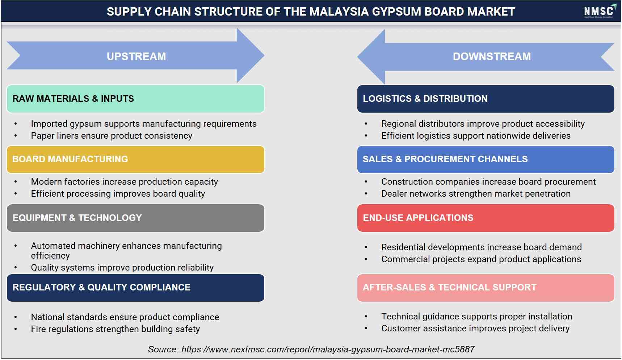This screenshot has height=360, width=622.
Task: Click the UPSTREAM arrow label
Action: tap(136, 56)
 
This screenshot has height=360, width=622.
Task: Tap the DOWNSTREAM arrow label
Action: tap(492, 56)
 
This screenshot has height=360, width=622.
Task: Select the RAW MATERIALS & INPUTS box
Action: tap(135, 99)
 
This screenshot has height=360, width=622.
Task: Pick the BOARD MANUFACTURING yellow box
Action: tap(135, 159)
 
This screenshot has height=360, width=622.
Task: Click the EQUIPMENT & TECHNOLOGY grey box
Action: tap(135, 218)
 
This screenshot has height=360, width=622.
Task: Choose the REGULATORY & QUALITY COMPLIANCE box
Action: tap(135, 288)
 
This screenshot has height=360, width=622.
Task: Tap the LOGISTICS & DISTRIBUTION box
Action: tap(486, 99)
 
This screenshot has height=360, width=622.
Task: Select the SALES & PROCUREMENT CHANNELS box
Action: tap(486, 159)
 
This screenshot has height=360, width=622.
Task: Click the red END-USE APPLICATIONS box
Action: tap(486, 218)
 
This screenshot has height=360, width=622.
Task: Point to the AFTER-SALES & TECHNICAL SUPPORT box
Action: tap(486, 288)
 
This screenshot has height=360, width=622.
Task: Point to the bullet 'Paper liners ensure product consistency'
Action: tap(112, 136)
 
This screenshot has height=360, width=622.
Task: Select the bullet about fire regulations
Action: tap(115, 329)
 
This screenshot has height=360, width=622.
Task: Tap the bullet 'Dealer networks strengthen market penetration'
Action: tap(476, 194)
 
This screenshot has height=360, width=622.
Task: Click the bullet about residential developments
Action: tap(482, 247)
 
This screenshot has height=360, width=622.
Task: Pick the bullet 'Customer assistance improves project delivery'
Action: tap(475, 328)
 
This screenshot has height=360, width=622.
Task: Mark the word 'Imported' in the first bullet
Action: tap(49, 124)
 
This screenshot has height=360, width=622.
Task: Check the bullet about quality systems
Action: tap(122, 268)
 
